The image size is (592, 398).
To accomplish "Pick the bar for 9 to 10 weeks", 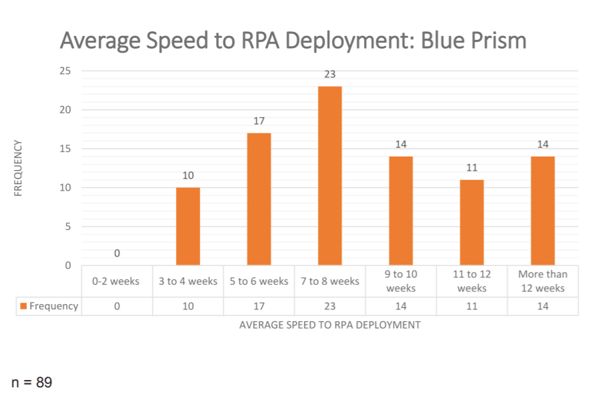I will [x=401, y=211].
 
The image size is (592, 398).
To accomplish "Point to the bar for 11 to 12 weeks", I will [x=471, y=222].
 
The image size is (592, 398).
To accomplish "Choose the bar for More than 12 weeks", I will [x=543, y=211].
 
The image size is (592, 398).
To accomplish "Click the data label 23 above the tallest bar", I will [x=329, y=75].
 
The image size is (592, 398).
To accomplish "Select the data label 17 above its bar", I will [x=259, y=121].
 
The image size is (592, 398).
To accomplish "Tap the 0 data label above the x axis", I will [x=117, y=253].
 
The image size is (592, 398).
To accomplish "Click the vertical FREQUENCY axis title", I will [x=19, y=167].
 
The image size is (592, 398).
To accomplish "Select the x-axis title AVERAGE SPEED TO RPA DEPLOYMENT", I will [x=329, y=325].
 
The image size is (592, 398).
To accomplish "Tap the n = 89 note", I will [x=32, y=383].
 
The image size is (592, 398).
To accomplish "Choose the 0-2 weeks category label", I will [x=117, y=281].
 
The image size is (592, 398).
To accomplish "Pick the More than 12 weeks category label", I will [x=543, y=281].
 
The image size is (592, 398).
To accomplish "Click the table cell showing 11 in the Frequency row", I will [x=471, y=306].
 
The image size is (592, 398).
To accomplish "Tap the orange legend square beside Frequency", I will [x=24, y=307].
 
